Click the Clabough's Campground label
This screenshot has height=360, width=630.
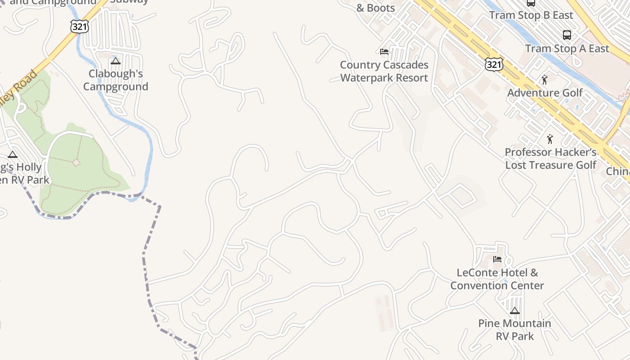click(116, 80)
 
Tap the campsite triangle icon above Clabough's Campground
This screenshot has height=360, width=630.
click(116, 61)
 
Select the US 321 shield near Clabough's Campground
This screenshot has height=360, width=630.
click(79, 26)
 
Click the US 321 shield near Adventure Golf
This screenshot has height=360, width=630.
click(494, 65)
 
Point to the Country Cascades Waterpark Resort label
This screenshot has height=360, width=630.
click(384, 71)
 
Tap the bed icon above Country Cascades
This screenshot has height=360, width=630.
click(384, 52)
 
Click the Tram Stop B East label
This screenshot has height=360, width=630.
click(531, 15)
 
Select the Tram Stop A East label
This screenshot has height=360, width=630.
click(567, 49)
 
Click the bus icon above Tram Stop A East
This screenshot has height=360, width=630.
click(567, 35)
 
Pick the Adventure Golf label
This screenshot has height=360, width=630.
click(545, 93)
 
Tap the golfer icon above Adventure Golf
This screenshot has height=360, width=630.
click(545, 80)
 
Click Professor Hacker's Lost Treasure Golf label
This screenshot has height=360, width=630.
click(551, 158)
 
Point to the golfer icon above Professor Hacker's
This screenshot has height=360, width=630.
click(549, 139)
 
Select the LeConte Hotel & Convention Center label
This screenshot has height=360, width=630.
click(497, 279)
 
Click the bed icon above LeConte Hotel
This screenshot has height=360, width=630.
click(497, 259)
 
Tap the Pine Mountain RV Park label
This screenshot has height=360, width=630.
click(514, 329)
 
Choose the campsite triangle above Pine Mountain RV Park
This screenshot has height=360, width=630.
click(515, 310)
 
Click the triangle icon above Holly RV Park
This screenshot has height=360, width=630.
click(13, 155)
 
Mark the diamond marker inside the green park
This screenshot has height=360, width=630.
click(76, 162)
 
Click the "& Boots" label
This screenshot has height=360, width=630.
click(375, 8)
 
